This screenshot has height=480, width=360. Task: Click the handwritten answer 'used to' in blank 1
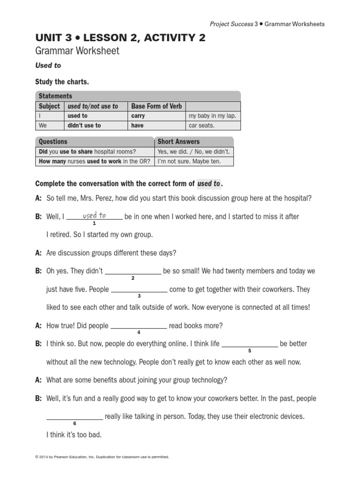(94, 216)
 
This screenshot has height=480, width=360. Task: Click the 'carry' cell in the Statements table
(138, 116)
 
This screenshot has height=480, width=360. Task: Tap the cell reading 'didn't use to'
(84, 126)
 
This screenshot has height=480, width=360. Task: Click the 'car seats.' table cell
(202, 126)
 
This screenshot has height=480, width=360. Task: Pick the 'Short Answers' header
(179, 142)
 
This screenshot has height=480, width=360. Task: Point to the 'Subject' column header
(49, 106)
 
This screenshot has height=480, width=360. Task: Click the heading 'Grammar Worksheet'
(77, 51)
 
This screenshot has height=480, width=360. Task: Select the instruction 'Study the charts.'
(62, 82)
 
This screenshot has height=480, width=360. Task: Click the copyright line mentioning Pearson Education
(102, 457)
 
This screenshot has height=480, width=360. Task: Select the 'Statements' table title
(55, 96)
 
